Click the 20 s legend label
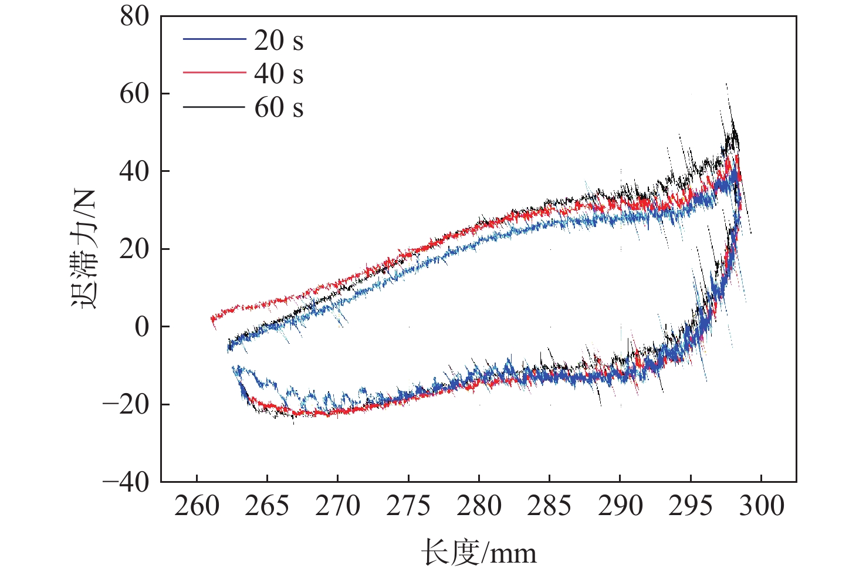279,40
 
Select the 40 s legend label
279,74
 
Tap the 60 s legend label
279,108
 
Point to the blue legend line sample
214,39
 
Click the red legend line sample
214,72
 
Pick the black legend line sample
214,107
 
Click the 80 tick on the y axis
135,16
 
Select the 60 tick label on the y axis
135,94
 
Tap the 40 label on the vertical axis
135,171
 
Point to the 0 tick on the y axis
142,327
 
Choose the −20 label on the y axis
126,405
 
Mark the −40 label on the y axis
126,482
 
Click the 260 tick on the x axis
197,506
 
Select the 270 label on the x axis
338,506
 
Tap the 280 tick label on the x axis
479,506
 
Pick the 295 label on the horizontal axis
691,506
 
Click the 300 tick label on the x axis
761,506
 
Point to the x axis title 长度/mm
479,553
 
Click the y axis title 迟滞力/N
84,249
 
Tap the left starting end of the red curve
212,320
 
